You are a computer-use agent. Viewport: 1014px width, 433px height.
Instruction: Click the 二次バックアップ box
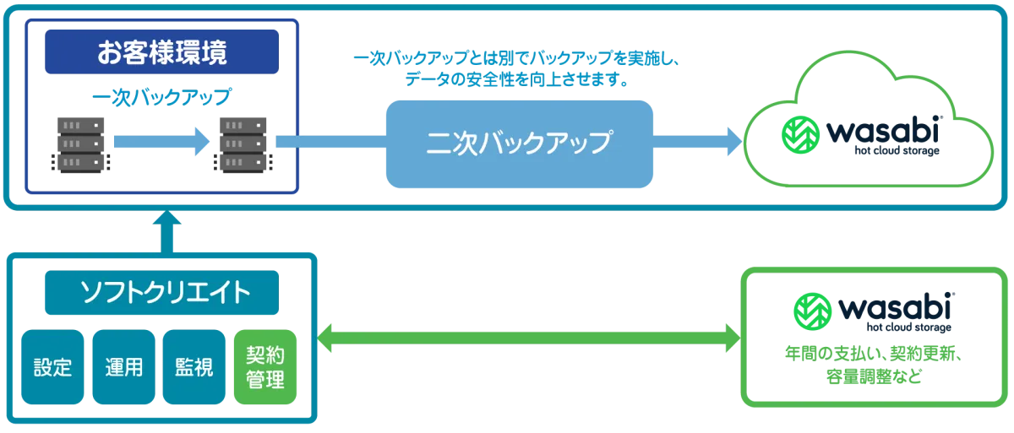click(x=520, y=142)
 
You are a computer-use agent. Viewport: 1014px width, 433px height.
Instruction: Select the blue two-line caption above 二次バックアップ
click(x=519, y=71)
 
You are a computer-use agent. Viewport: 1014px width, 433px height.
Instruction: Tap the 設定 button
click(x=52, y=367)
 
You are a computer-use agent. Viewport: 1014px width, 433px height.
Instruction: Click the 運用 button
click(x=124, y=367)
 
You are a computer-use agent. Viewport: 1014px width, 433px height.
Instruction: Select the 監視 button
click(x=194, y=367)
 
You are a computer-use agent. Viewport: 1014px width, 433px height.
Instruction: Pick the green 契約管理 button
click(x=265, y=367)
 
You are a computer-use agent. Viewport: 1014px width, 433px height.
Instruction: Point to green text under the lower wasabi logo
click(x=875, y=364)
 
